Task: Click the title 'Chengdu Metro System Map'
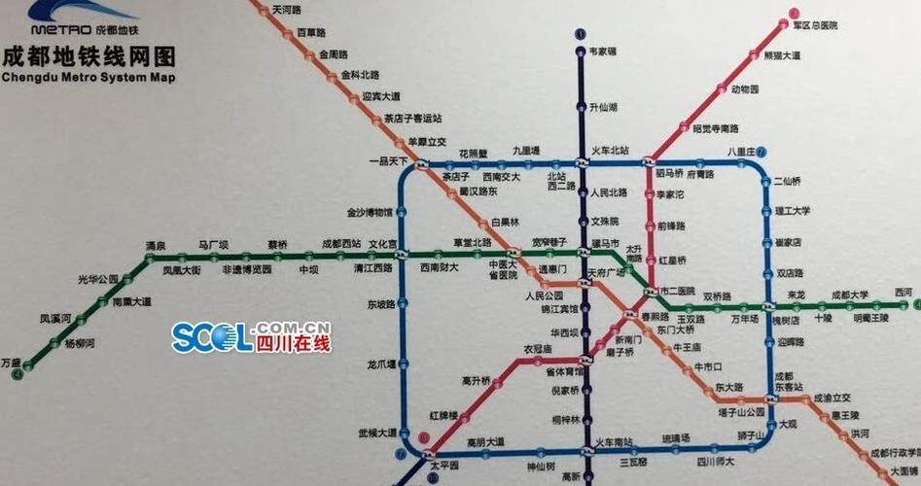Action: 89,78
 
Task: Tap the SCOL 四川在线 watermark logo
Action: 251,337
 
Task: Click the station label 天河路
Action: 287,10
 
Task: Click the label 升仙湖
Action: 604,107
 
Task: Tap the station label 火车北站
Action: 610,151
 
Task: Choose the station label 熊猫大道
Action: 781,55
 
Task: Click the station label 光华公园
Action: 98,279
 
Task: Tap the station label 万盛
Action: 11,363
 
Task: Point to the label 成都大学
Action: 849,294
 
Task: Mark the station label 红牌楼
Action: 443,415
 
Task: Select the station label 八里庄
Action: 741,152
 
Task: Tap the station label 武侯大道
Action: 377,433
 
